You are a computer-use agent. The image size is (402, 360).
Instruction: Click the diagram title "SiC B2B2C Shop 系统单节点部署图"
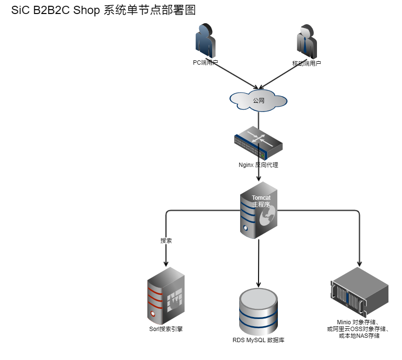click(103, 11)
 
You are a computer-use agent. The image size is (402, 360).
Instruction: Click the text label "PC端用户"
click(205, 62)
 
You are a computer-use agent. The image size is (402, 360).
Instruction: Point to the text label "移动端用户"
click(306, 63)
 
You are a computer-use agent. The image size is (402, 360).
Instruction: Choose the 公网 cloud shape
click(258, 100)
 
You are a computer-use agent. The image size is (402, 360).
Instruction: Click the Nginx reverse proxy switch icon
click(258, 143)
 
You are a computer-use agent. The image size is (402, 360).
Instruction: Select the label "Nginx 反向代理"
click(258, 165)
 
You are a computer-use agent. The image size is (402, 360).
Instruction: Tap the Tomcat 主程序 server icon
click(258, 210)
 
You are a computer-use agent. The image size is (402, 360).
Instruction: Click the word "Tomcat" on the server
click(261, 198)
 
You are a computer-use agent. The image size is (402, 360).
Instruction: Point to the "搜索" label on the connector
click(166, 240)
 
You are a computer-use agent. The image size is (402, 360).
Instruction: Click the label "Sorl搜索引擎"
click(166, 329)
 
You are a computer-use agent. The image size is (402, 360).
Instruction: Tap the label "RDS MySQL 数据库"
click(258, 340)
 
